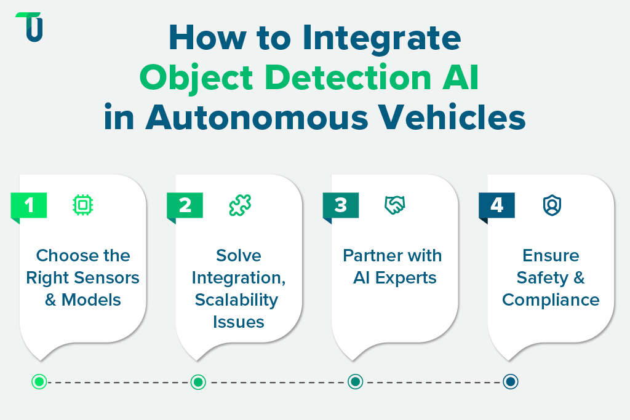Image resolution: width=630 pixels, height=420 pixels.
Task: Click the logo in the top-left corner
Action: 30,27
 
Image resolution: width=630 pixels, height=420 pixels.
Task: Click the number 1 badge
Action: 30,205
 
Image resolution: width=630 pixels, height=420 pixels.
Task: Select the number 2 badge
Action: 185,205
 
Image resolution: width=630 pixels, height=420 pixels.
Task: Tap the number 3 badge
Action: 341,205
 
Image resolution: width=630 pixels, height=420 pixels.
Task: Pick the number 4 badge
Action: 496,205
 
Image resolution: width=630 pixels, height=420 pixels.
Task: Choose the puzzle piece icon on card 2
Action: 239,205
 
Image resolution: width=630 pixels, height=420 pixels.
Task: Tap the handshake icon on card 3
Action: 394,205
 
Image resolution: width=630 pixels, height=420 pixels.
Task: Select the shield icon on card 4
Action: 551,205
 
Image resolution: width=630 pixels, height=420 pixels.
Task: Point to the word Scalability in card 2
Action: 237,299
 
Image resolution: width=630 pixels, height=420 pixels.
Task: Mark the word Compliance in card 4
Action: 551,299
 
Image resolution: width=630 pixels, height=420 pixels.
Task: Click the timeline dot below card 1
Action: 39,382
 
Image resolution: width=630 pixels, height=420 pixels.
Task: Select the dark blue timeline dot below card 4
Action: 510,382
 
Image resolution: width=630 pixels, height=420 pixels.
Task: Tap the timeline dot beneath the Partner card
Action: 354,382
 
